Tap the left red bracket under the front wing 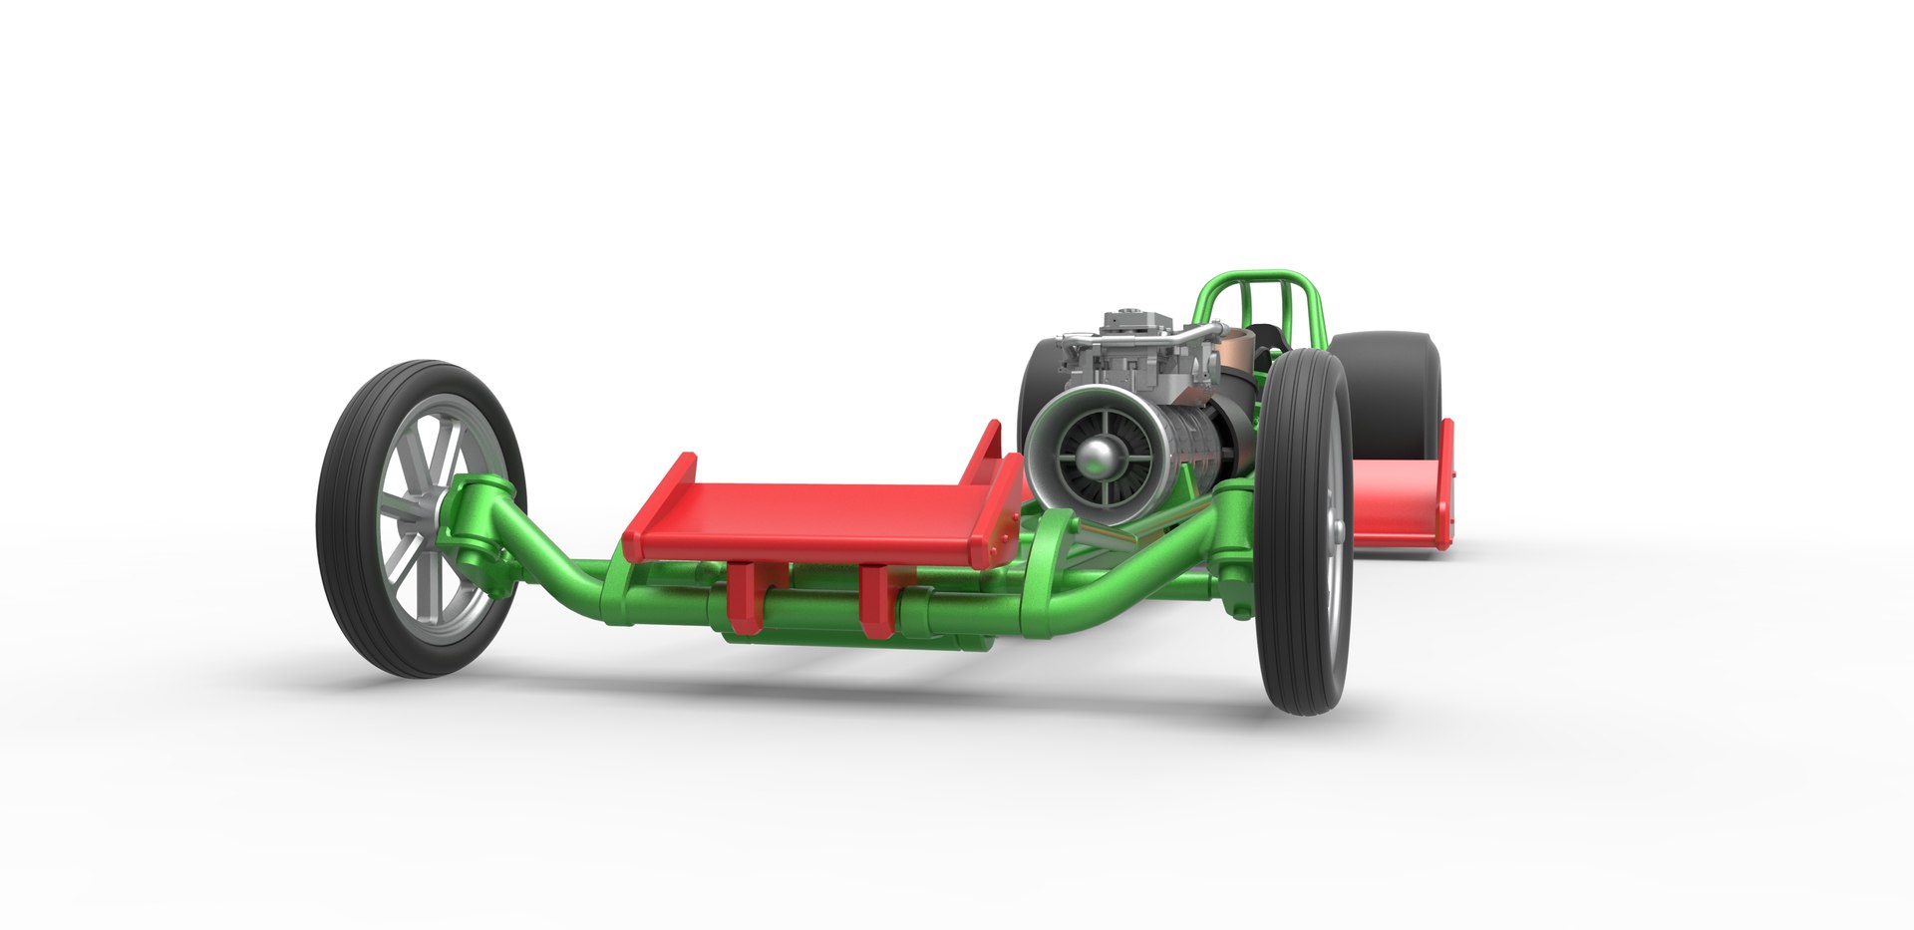pos(743,598)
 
